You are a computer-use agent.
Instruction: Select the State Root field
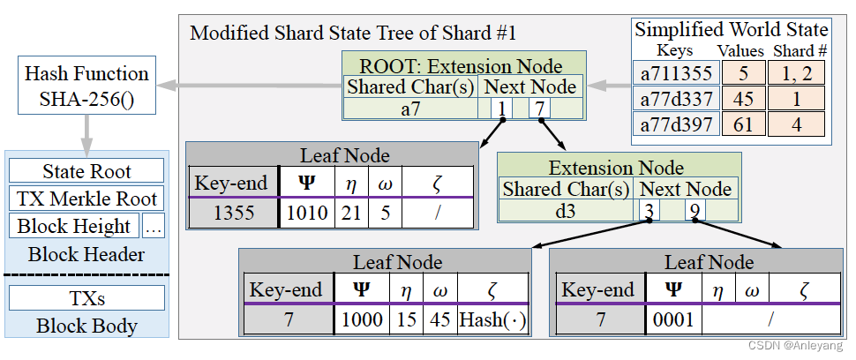86,171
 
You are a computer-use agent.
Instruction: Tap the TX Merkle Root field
86,199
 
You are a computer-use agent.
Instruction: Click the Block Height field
74,226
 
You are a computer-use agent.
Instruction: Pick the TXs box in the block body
86,298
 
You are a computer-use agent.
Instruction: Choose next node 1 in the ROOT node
500,108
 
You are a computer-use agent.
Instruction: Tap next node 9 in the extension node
694,210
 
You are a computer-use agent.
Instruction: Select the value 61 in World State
743,124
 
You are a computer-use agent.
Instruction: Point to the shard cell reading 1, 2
797,74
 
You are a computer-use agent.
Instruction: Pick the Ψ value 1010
306,212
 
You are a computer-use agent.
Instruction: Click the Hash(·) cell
492,319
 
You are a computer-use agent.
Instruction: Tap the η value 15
407,319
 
